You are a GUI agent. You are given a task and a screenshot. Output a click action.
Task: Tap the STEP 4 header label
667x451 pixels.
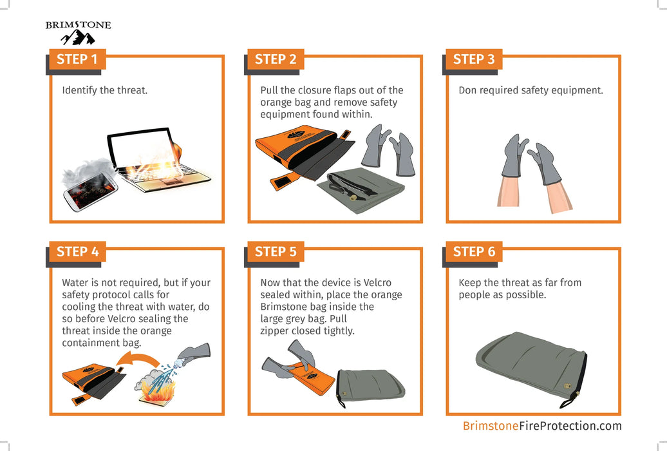tap(77, 252)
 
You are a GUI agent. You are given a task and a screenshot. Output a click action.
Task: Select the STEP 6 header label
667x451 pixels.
tap(474, 252)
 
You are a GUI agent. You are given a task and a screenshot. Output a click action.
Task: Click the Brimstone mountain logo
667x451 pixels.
tap(78, 33)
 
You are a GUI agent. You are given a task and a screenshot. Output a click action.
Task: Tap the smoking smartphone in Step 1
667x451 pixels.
tap(90, 189)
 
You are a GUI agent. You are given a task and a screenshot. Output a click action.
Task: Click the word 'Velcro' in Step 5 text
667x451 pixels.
tap(377, 283)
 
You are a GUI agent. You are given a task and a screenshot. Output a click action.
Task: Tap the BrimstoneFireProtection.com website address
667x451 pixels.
tap(542, 426)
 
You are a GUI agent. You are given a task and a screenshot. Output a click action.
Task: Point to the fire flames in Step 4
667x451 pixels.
tap(155, 387)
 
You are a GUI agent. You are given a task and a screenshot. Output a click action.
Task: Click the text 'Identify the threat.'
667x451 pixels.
tap(105, 90)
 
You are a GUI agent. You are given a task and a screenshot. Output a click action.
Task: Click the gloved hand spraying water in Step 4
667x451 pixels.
tap(193, 354)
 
